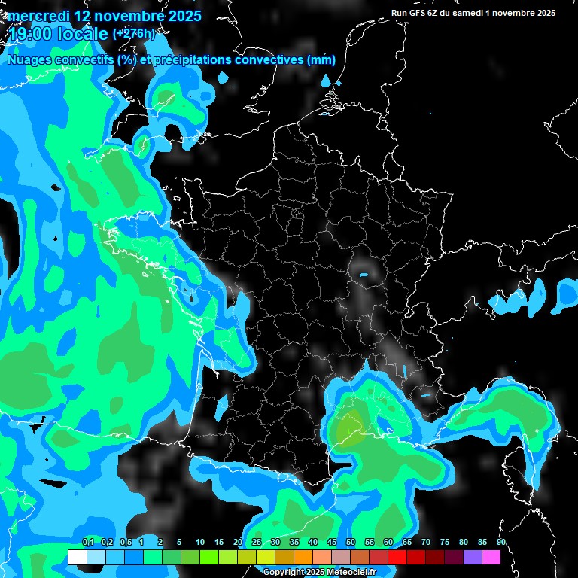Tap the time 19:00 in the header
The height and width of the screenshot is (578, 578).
(31, 34)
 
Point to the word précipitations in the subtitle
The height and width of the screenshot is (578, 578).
(192, 60)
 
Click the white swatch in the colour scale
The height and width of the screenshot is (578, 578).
(78, 557)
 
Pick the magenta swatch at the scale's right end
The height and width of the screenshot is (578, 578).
(491, 557)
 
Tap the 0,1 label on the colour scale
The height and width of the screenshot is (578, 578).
(87, 543)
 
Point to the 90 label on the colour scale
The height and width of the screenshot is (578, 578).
(500, 543)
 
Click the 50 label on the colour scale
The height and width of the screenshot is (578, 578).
(351, 543)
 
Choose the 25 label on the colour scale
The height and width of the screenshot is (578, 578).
(257, 543)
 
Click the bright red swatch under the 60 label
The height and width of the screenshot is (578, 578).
(397, 557)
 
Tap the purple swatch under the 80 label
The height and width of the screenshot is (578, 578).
(473, 557)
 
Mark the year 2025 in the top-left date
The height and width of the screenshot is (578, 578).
(181, 15)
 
